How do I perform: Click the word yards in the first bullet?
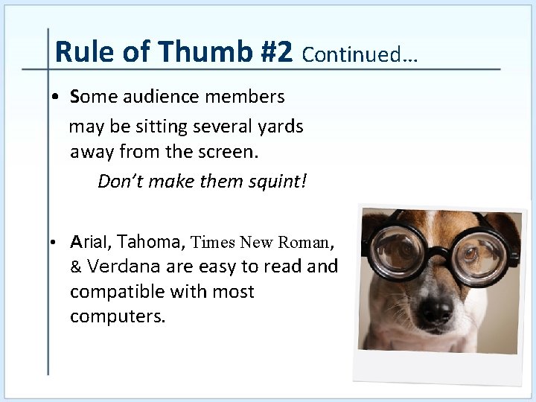point(281,127)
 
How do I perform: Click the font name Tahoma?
point(152,242)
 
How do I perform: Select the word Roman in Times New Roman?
point(304,242)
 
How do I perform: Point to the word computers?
point(118,316)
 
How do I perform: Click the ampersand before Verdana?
point(76,267)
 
